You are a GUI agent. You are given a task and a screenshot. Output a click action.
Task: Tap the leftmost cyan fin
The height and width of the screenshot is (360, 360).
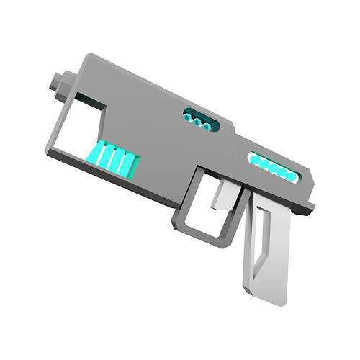pyautogui.click(x=96, y=152)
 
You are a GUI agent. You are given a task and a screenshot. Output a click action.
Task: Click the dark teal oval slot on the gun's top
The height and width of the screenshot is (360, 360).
pyautogui.click(x=201, y=119)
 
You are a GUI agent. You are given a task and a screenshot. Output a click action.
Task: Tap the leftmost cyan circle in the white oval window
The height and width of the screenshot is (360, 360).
pyautogui.click(x=255, y=161)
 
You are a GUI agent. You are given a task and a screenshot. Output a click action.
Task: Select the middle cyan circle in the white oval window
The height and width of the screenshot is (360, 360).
pyautogui.click(x=274, y=168)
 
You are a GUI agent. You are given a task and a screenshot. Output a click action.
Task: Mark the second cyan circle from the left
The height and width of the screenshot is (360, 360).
pyautogui.click(x=264, y=164)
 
